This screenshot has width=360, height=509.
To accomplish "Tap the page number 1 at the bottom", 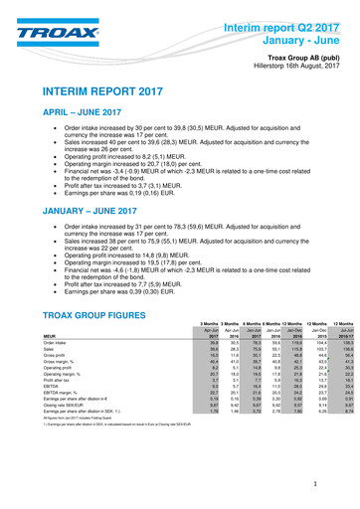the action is point(340,483).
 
